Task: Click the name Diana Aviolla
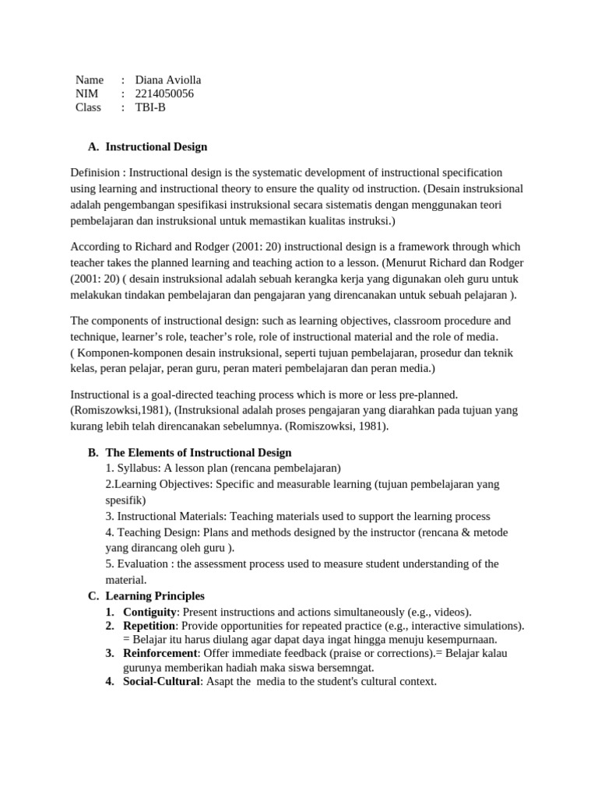point(168,79)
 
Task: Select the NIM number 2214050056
point(164,93)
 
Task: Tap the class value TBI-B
point(150,107)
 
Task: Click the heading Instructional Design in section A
point(156,146)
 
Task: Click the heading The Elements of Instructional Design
point(198,452)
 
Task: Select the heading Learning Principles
point(155,596)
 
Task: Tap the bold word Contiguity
point(150,612)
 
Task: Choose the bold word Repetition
point(149,626)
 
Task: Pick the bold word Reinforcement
point(160,653)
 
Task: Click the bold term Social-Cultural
point(161,682)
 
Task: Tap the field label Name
point(90,79)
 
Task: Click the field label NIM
point(86,93)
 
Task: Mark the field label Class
point(88,107)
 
